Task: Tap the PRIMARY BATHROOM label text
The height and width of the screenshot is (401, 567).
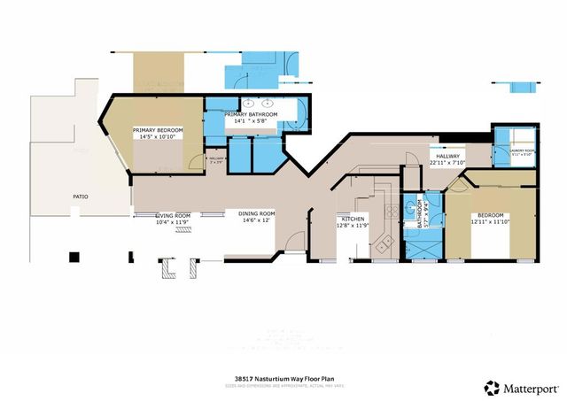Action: click(252, 115)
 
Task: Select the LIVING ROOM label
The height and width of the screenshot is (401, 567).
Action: click(173, 215)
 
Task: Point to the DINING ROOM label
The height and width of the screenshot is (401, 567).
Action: click(255, 213)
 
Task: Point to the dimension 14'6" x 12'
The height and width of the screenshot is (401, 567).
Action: click(255, 220)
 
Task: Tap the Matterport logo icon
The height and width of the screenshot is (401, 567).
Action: click(491, 386)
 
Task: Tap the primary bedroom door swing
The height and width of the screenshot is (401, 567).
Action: click(193, 162)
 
